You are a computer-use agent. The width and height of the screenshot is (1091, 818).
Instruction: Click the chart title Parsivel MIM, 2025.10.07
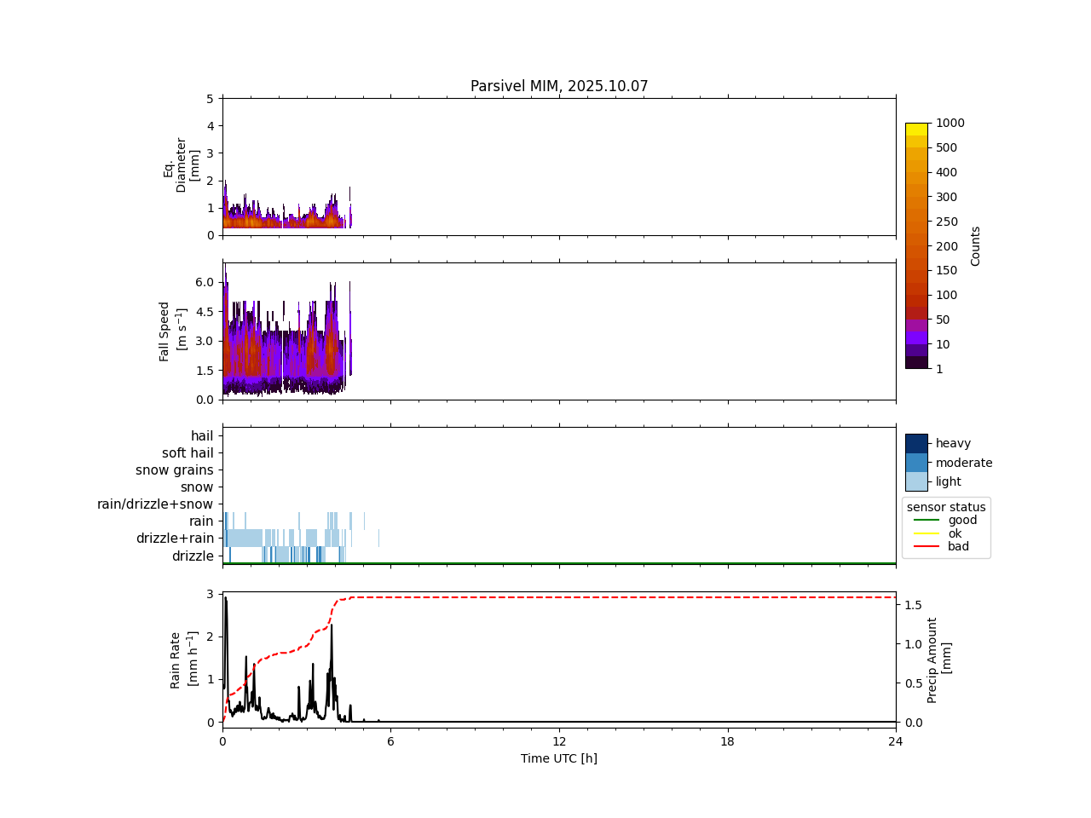[x=559, y=86]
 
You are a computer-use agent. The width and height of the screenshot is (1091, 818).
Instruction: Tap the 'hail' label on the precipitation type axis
[x=202, y=436]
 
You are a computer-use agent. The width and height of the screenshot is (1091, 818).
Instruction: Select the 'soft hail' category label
[x=188, y=453]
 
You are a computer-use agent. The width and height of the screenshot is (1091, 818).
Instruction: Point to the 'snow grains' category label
[x=175, y=470]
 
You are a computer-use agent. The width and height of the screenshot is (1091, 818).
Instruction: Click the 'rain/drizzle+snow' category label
[x=155, y=504]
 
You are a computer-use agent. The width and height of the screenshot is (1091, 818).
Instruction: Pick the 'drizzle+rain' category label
[x=175, y=539]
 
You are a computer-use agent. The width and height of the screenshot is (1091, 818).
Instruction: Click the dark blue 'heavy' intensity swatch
[x=916, y=443]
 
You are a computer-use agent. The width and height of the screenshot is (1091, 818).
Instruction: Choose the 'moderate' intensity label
[x=964, y=463]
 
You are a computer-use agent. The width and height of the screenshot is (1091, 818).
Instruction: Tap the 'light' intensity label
[x=949, y=481]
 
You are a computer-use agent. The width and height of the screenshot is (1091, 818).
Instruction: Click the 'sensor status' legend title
[x=946, y=507]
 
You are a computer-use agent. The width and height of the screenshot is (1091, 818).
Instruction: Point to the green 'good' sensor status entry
[x=962, y=520]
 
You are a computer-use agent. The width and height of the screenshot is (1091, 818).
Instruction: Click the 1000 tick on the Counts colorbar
[x=950, y=123]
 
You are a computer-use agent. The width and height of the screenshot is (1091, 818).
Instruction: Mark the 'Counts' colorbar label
[x=976, y=245]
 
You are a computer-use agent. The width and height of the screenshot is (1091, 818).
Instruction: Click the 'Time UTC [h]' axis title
[x=559, y=758]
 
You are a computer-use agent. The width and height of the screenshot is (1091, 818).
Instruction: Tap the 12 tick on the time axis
[x=559, y=741]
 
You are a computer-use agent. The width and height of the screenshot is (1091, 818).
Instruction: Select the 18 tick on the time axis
[x=727, y=741]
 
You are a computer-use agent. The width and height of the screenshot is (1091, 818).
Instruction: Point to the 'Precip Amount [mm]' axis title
[x=938, y=660]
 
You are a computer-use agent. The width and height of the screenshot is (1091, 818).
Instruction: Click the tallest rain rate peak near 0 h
[x=225, y=598]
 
